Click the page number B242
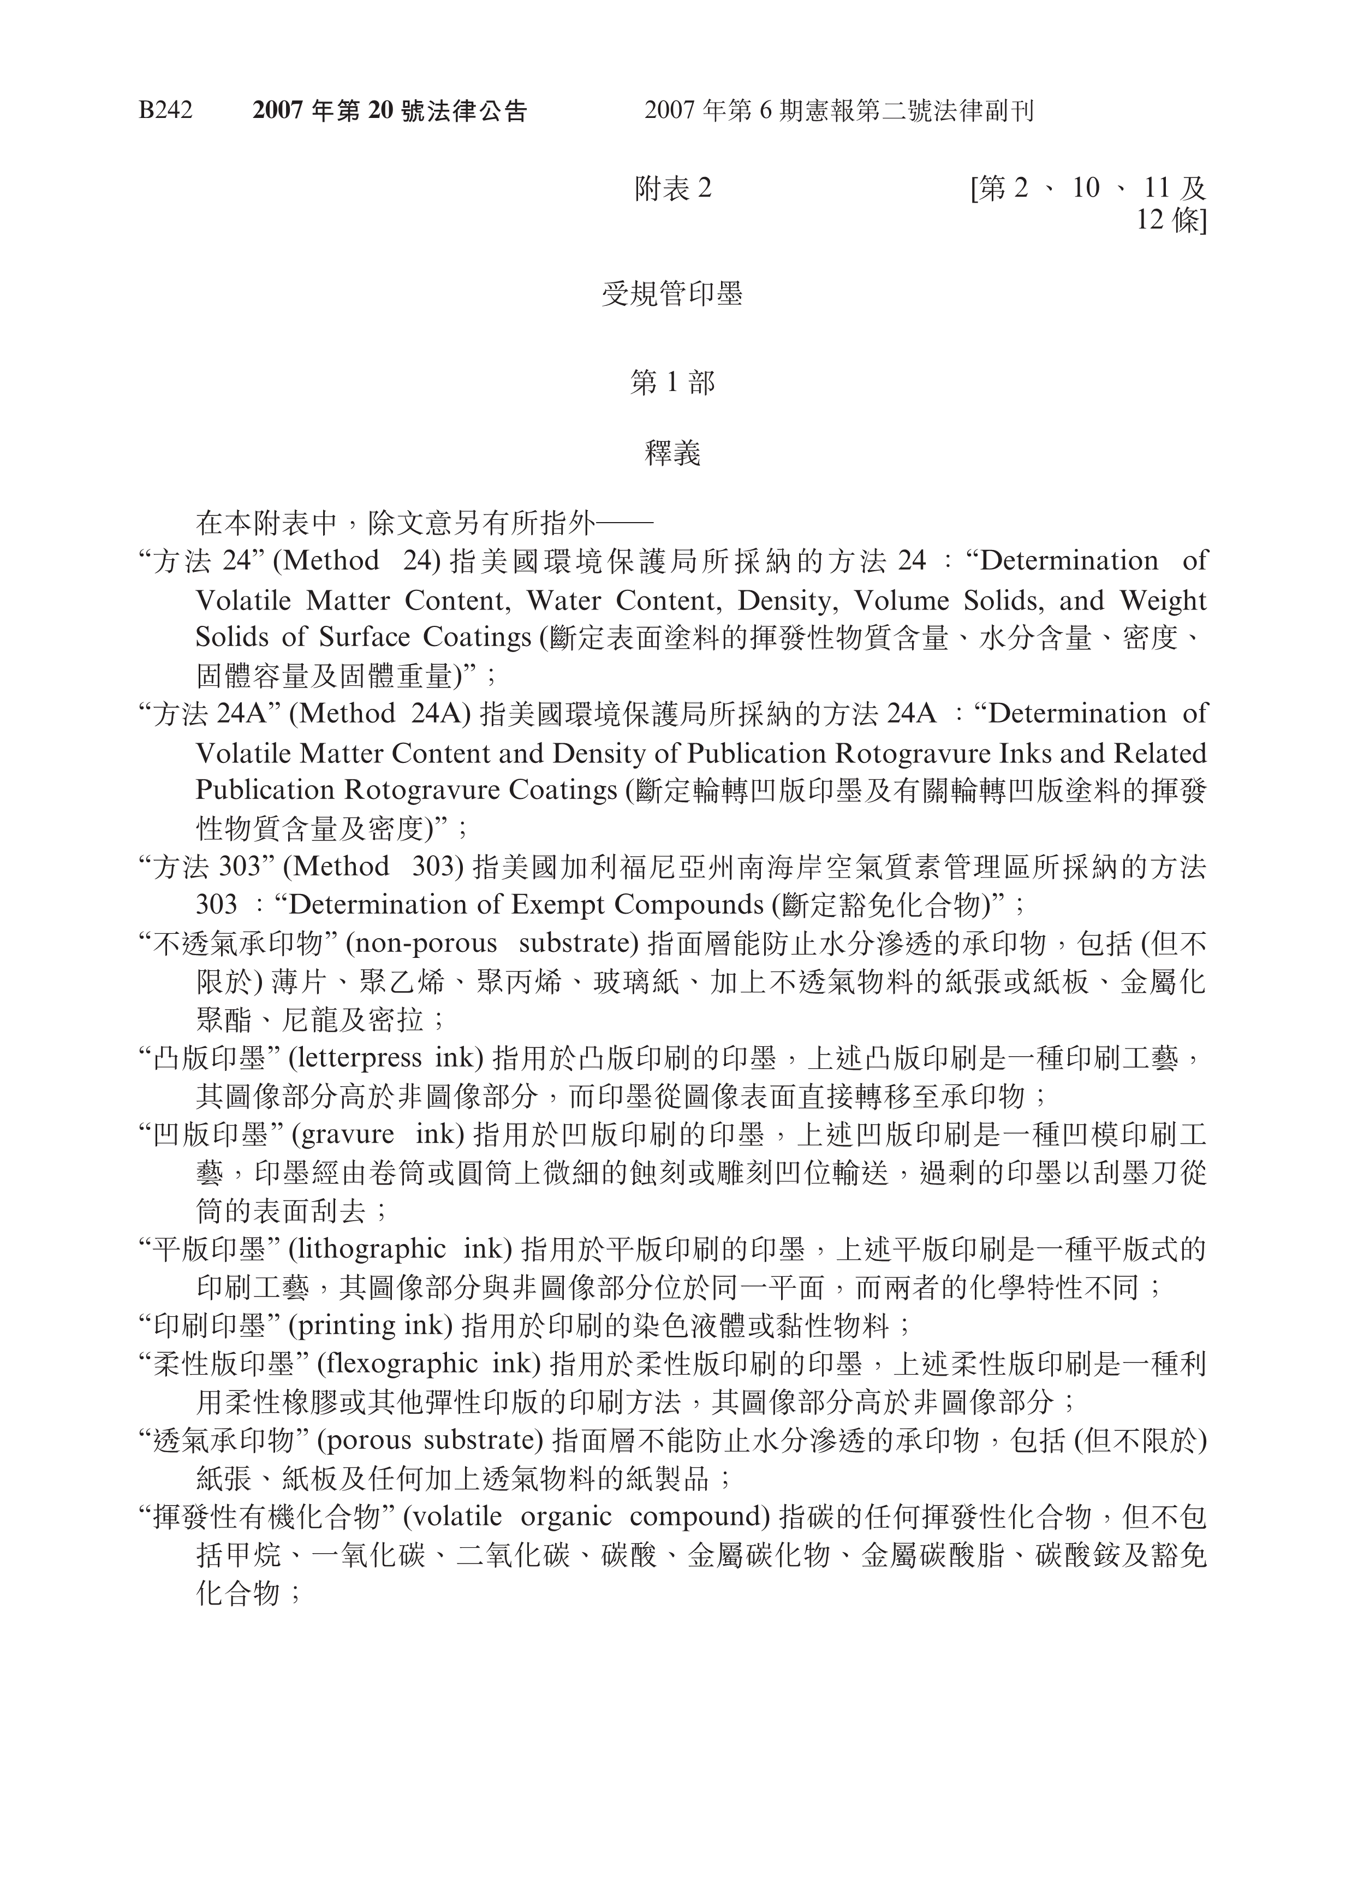click(165, 111)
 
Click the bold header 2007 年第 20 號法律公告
click(390, 111)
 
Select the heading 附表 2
click(672, 190)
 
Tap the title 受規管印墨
click(672, 294)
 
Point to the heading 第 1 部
click(672, 382)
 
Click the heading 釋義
click(672, 453)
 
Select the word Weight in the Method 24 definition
click(1163, 600)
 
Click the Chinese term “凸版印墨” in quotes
click(210, 1058)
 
